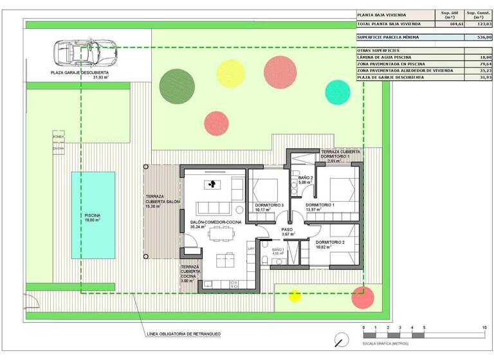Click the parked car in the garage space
point(84,51)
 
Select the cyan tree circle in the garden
point(338,92)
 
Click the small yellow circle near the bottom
point(295,296)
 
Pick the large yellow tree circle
point(230,73)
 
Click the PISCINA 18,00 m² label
point(93,218)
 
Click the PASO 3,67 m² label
point(287,231)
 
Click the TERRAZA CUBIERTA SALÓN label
point(163,201)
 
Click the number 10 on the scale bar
point(484,328)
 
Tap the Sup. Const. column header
point(479,14)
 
